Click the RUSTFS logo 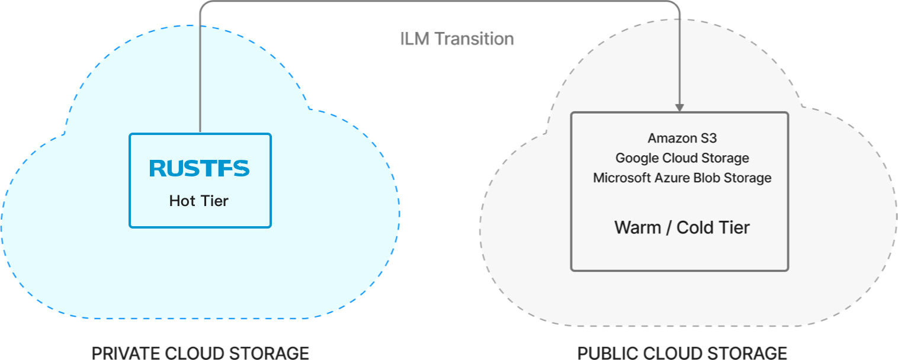pyautogui.click(x=200, y=169)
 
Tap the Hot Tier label pyautogui.click(x=199, y=201)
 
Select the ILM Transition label pyautogui.click(x=457, y=39)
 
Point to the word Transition pyautogui.click(x=474, y=39)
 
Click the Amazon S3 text pyautogui.click(x=682, y=139)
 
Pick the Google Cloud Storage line pyautogui.click(x=682, y=158)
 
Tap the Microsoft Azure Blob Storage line pyautogui.click(x=682, y=178)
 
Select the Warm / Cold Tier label pyautogui.click(x=682, y=227)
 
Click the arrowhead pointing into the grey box pyautogui.click(x=679, y=107)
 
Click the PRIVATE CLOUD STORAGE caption pyautogui.click(x=200, y=353)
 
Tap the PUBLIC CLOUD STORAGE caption pyautogui.click(x=682, y=353)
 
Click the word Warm pyautogui.click(x=637, y=227)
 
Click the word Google pyautogui.click(x=635, y=158)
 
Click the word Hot pyautogui.click(x=182, y=201)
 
